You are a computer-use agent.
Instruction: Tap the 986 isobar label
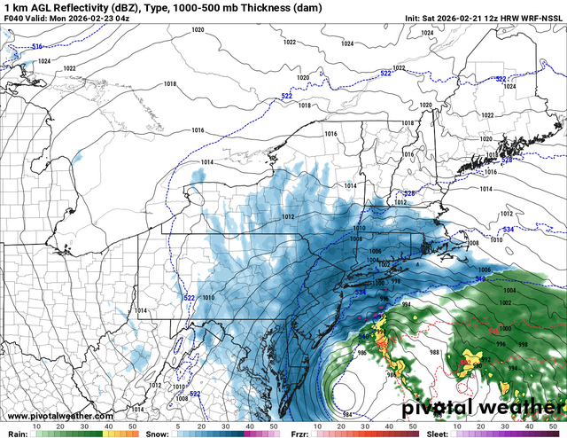336,353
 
